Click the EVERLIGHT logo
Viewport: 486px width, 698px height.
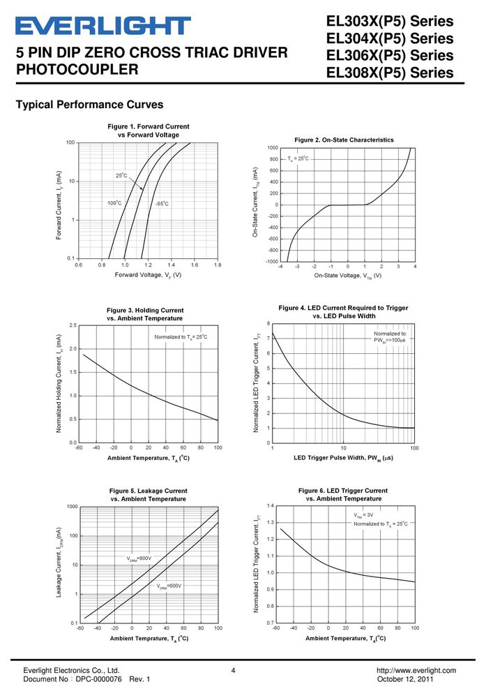click(103, 26)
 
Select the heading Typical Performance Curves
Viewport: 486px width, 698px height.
click(89, 105)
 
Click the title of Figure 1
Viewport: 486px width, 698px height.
click(148, 131)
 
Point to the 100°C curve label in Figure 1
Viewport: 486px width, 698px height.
click(114, 203)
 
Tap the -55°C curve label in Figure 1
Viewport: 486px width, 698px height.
click(162, 204)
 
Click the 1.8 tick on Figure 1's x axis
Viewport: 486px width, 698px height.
click(218, 265)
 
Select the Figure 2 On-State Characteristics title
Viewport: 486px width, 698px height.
click(344, 140)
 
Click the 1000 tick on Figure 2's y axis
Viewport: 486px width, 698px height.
click(273, 148)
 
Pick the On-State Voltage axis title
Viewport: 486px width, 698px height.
click(348, 276)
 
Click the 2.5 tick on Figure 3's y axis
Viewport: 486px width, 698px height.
click(73, 325)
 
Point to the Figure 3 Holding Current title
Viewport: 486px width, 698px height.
click(145, 314)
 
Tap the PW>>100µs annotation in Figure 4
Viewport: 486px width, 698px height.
click(390, 340)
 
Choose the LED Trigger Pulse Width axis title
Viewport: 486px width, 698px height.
click(343, 458)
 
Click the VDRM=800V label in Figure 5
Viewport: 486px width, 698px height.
click(139, 558)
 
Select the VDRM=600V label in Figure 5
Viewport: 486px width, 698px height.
click(169, 586)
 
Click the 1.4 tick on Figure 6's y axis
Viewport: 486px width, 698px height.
click(271, 506)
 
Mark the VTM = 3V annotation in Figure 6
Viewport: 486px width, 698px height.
click(363, 515)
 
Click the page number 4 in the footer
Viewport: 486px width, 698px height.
click(233, 670)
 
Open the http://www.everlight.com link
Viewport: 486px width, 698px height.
click(416, 670)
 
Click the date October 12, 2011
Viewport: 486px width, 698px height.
click(405, 679)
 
